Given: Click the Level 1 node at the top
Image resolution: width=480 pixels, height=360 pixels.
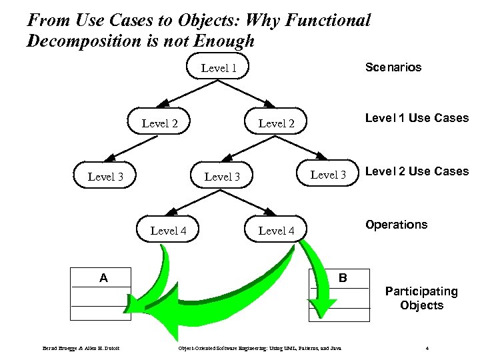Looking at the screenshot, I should click(219, 68).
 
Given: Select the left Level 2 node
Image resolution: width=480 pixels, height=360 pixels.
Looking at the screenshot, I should click(160, 123).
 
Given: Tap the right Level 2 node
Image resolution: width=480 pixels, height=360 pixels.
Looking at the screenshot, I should click(275, 123).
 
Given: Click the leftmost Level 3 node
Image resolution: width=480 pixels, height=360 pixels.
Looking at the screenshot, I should click(105, 177).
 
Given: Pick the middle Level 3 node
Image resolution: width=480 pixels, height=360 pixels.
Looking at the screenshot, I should click(222, 177).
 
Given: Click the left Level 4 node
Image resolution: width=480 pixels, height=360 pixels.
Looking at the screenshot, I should click(168, 231).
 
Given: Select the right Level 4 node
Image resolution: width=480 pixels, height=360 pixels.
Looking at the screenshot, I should click(276, 231).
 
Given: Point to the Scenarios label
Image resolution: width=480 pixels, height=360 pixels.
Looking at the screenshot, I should click(393, 67).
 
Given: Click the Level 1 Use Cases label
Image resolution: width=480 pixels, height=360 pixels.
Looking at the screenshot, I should click(417, 118).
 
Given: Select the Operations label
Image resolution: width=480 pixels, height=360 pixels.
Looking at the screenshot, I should click(396, 225).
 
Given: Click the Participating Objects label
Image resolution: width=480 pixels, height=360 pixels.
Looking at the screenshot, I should click(421, 298).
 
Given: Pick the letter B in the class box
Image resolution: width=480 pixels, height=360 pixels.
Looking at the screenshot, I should click(343, 276).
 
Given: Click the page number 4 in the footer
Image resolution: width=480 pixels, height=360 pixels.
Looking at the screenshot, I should click(427, 348).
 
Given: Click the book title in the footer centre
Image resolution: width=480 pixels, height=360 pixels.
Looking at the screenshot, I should click(257, 348).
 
